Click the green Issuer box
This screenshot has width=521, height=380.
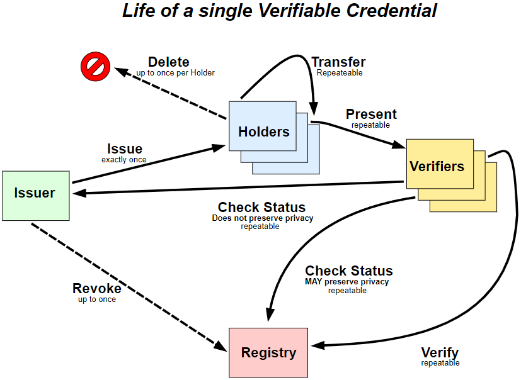[36, 196]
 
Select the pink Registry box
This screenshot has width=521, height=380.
[268, 353]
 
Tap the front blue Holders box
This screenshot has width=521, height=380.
[263, 126]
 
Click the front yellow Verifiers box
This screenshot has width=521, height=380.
[440, 164]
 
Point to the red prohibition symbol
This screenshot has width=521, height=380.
[95, 67]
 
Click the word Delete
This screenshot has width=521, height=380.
[169, 62]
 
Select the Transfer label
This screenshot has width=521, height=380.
[338, 62]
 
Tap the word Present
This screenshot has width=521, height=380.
[371, 114]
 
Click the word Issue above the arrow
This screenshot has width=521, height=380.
[125, 148]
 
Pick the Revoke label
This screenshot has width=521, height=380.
[96, 288]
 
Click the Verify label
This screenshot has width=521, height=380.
[440, 352]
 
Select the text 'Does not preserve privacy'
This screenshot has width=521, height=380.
[263, 218]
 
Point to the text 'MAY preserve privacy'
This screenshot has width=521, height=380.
[347, 282]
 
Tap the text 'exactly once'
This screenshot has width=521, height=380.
[124, 160]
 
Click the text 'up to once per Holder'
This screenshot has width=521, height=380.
[175, 73]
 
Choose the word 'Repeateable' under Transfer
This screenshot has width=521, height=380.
[340, 73]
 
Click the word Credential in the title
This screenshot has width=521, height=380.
[392, 10]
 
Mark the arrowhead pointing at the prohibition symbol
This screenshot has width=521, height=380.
[120, 71]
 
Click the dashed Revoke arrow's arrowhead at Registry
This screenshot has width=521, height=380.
[221, 346]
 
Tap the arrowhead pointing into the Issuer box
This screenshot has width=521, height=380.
[80, 193]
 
